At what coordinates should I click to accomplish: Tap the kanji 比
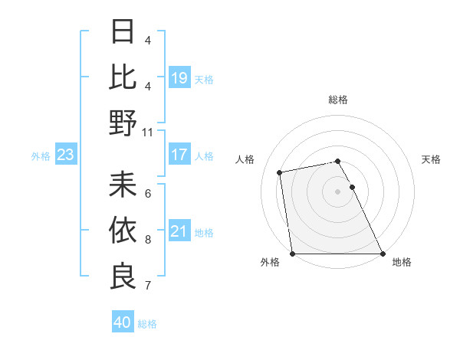tap(123, 77)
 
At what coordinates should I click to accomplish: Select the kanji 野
tap(123, 123)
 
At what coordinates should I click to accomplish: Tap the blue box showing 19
tap(179, 78)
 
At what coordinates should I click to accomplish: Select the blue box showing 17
tap(179, 155)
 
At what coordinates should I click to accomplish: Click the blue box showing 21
tap(179, 231)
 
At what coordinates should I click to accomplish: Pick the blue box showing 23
tap(65, 155)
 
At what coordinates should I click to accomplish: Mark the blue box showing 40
tap(123, 322)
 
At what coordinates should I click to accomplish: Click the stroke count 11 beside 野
tap(149, 132)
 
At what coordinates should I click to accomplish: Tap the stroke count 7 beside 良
tap(148, 286)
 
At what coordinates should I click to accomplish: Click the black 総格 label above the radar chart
tap(337, 100)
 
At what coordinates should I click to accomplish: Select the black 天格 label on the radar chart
tap(431, 159)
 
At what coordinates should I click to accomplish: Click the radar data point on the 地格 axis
tap(383, 253)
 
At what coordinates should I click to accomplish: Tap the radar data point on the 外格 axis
tap(293, 253)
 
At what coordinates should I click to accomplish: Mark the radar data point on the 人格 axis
tap(281, 172)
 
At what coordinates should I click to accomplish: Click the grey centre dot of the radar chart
tap(337, 191)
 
